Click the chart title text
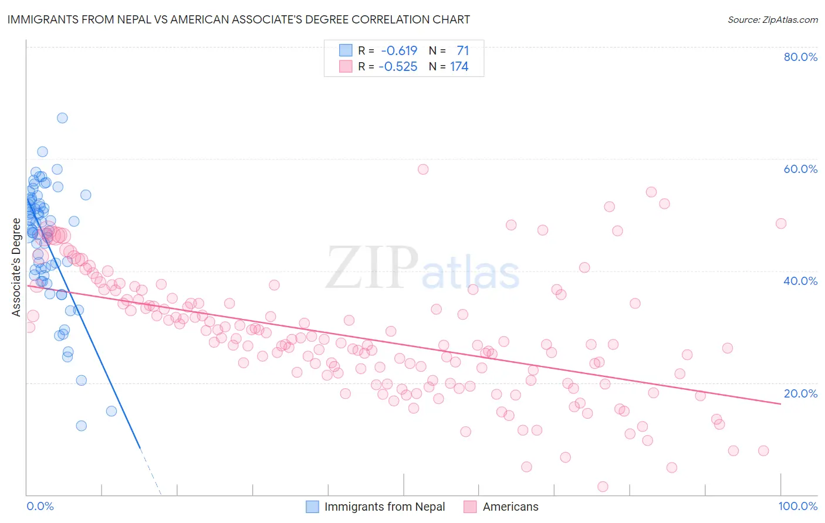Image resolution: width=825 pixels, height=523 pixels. pos(238,20)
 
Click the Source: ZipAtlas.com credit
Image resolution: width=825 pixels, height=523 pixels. pos(772,20)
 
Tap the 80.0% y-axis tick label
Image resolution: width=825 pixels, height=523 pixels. pos(800,57)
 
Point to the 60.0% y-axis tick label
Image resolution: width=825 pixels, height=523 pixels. pos(800,169)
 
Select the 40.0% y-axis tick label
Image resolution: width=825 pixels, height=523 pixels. pos(800,281)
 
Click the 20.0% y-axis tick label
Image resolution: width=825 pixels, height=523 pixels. pos(800,393)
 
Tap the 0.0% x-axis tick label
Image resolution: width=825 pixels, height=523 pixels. pos(40,506)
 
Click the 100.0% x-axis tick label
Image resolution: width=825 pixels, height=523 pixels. pos(797,506)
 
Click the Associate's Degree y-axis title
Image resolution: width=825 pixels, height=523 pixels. pos(16,267)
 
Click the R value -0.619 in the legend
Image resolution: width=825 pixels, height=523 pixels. pos(399,51)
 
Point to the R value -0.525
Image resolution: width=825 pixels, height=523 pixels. pos(398,67)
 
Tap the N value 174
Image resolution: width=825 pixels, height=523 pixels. pos(459,67)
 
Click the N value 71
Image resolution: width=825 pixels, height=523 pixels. pos(462,51)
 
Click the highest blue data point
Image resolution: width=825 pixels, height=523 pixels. pos(62,118)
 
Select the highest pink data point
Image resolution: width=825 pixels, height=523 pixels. pos(423,169)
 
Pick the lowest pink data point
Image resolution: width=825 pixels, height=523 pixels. pos(603,487)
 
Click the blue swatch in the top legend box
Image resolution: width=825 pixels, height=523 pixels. pos(346,50)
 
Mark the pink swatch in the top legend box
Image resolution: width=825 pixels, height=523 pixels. pos(346,66)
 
